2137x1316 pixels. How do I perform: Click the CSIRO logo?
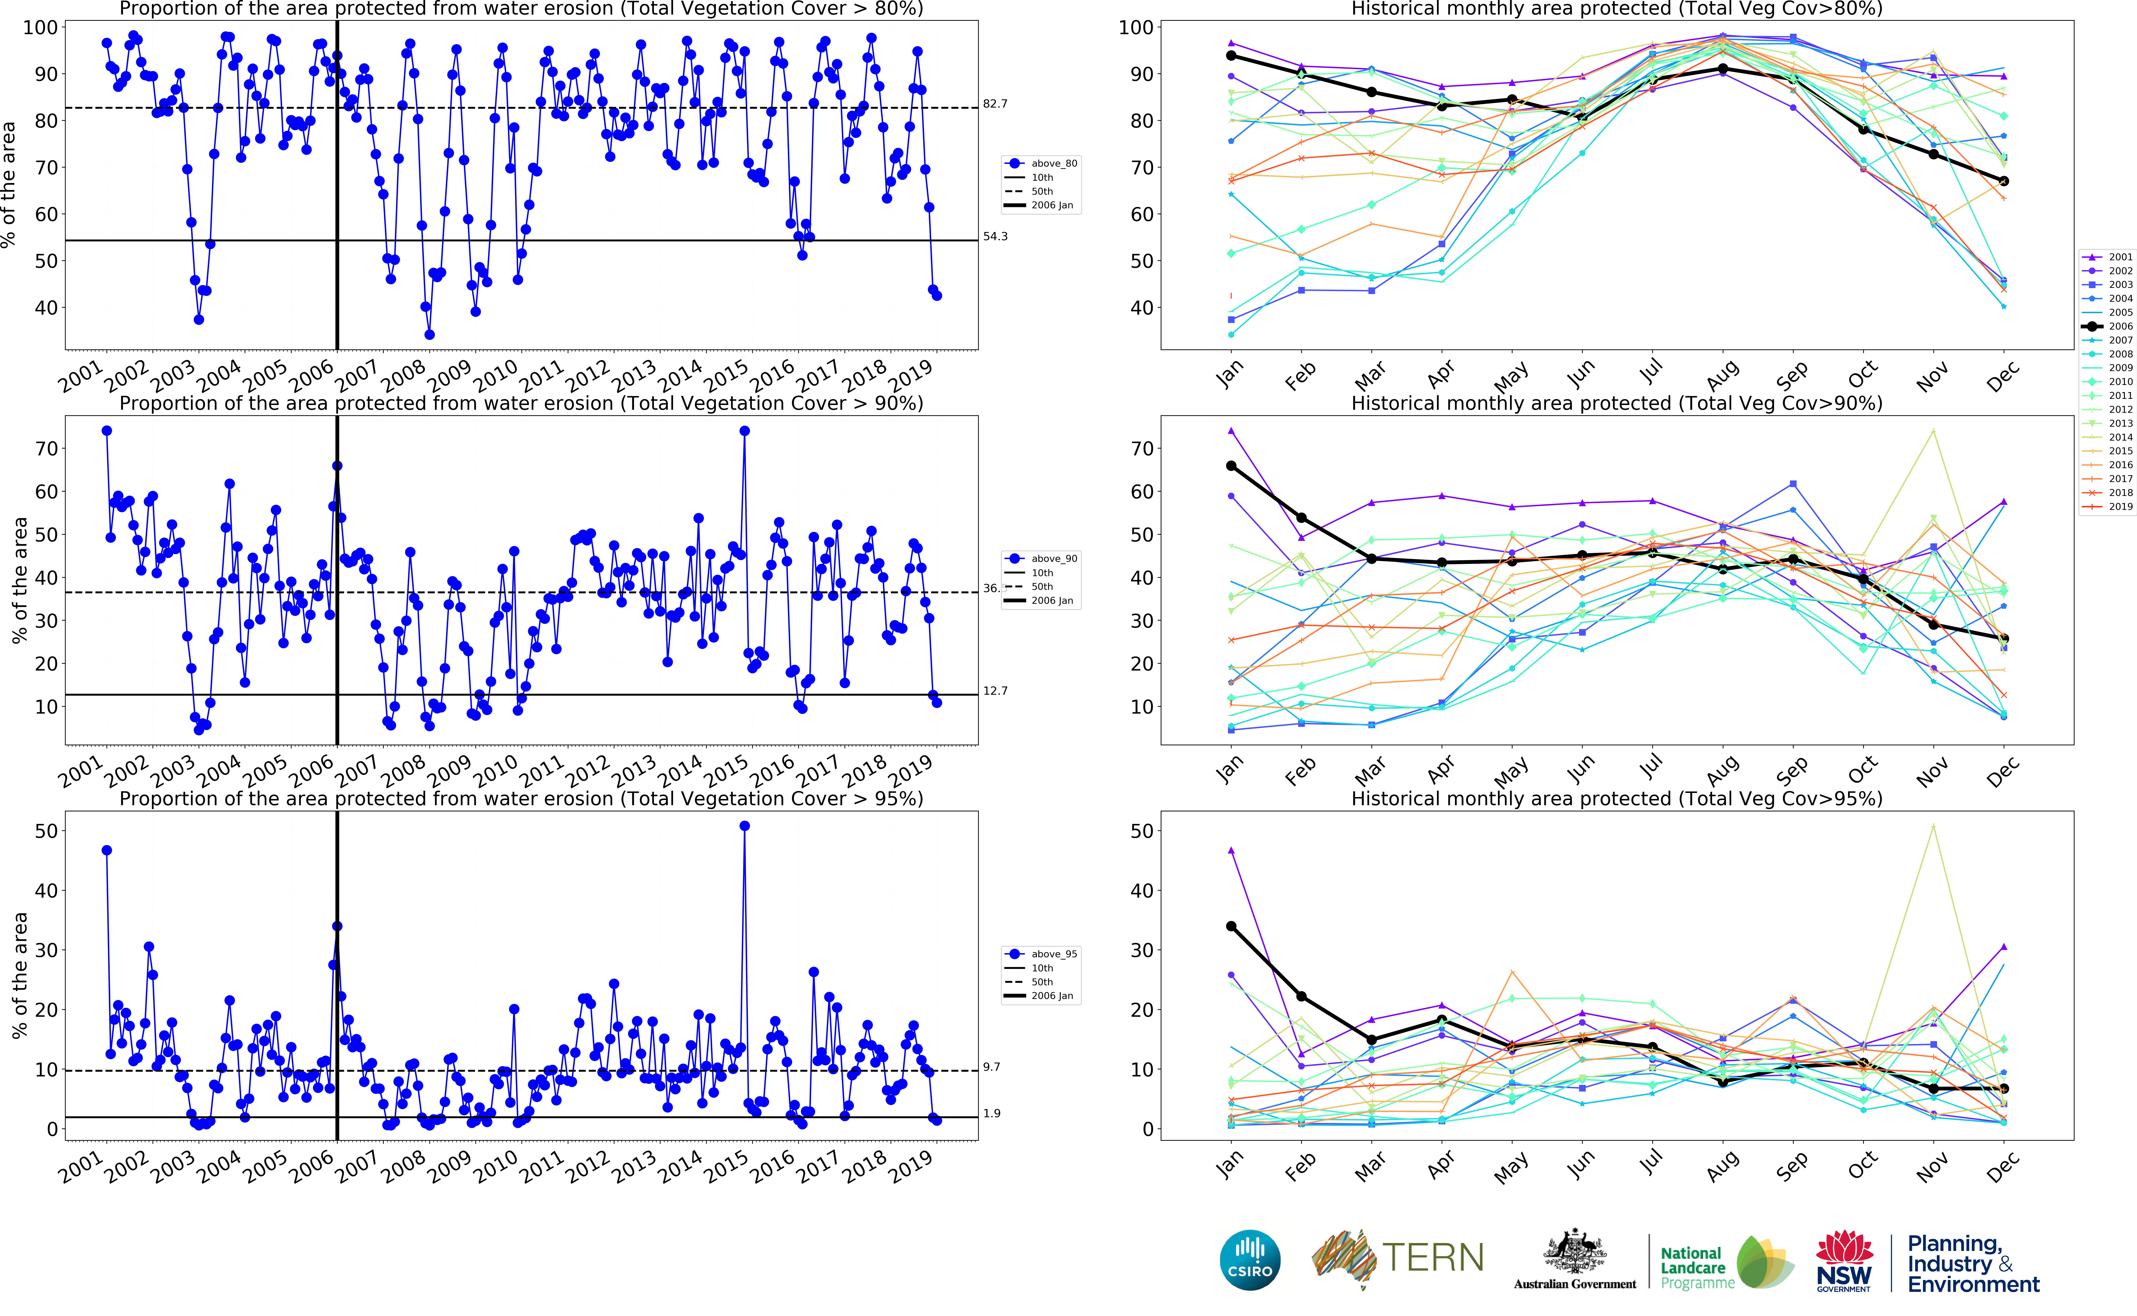point(1250,1259)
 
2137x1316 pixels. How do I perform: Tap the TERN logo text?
point(1432,1258)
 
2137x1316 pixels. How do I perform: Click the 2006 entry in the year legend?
point(2120,326)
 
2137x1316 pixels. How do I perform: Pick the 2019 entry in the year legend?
point(2120,507)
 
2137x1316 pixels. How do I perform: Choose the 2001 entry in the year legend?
point(2120,257)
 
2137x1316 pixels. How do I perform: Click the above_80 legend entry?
point(1053,164)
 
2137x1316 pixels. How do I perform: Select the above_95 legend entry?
point(1053,954)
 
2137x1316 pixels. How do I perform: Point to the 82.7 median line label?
point(995,103)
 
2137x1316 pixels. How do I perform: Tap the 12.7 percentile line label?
point(995,691)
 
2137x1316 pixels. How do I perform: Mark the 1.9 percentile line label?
point(992,1113)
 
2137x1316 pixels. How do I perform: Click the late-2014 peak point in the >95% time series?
point(744,826)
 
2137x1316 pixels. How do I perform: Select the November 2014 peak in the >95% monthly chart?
point(1933,826)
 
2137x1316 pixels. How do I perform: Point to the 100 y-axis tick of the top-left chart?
point(40,28)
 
